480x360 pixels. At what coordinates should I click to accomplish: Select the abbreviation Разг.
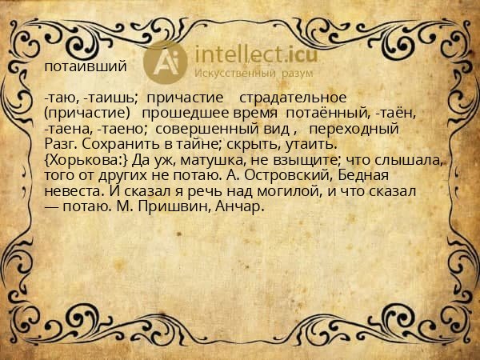tap(59, 144)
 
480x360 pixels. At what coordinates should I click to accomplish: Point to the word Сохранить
tap(113, 144)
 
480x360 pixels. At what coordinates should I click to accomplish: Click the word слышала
tap(409, 160)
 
